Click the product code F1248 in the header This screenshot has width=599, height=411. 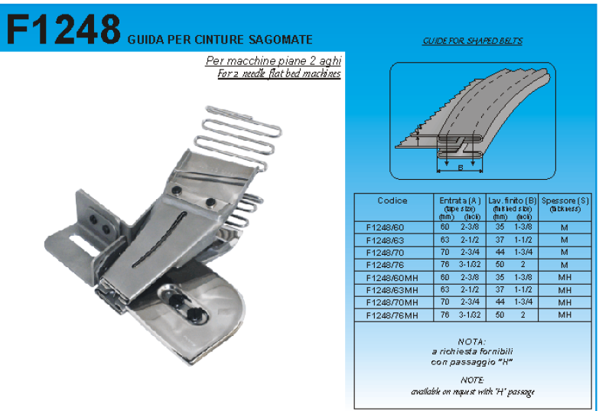tap(63, 30)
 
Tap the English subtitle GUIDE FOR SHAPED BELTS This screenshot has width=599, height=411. tap(472, 41)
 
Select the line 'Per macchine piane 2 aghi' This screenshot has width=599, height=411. tap(273, 61)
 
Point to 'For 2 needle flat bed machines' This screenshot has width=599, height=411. tap(278, 73)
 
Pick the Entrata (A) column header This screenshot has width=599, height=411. tap(458, 201)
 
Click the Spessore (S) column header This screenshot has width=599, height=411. tap(565, 201)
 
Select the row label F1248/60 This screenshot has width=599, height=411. tap(386, 227)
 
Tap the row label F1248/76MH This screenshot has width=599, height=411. tap(392, 315)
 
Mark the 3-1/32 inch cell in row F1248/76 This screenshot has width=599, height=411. tap(470, 265)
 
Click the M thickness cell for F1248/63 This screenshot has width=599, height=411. tap(565, 240)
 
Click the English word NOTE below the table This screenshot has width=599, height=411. tap(472, 380)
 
